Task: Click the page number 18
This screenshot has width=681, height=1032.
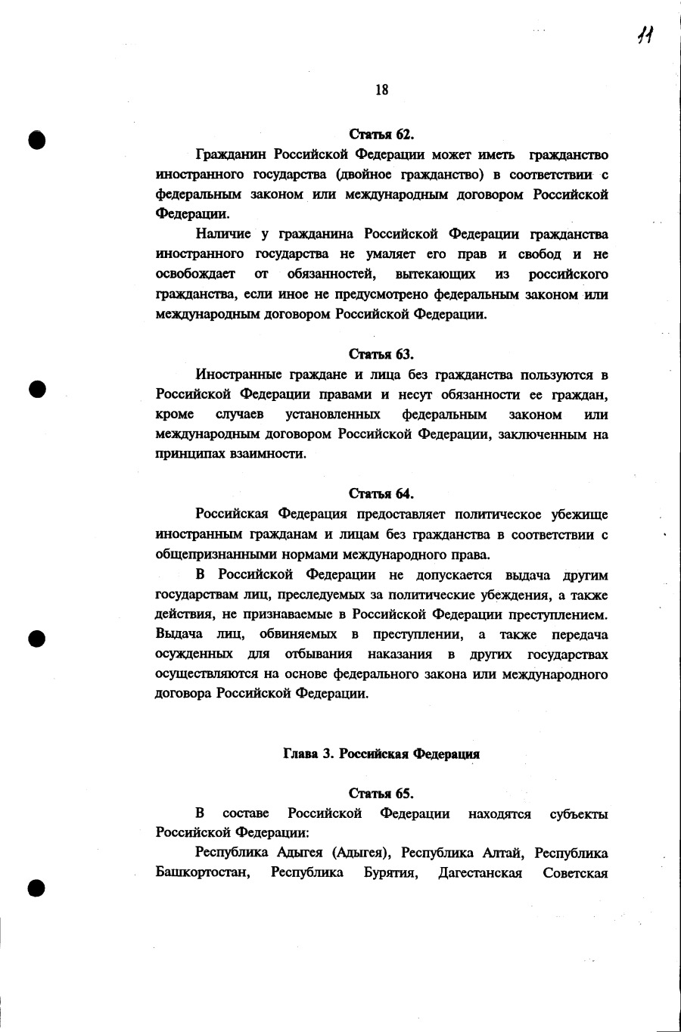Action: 381,90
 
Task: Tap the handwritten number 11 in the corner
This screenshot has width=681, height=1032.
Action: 645,34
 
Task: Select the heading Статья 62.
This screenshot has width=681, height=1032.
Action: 381,135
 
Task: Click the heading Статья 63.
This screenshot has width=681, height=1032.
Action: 381,354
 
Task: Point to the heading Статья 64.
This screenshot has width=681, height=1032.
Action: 381,494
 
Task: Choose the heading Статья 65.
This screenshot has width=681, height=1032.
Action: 381,793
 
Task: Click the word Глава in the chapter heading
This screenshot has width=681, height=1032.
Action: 300,754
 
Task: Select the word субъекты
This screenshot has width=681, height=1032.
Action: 579,813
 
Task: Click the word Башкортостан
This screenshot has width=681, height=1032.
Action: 203,873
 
